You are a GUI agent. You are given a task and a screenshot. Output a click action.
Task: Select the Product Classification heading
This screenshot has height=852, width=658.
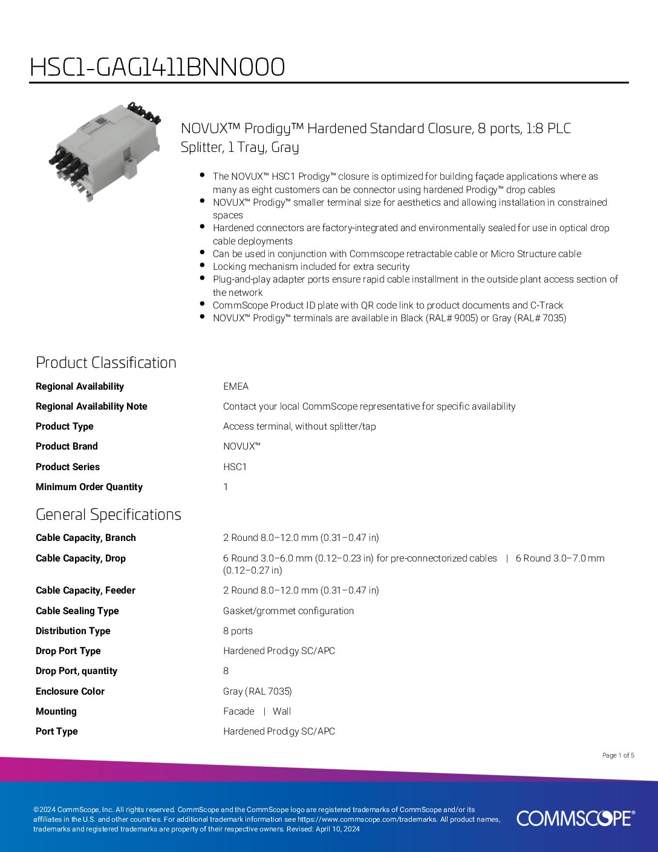pyautogui.click(x=106, y=362)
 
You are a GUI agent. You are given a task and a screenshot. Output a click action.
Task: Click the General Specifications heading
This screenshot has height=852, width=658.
pyautogui.click(x=108, y=514)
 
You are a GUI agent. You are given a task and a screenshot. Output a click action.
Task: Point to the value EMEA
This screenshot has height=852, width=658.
pyautogui.click(x=235, y=387)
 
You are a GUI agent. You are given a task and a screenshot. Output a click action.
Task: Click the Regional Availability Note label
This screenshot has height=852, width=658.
pyautogui.click(x=91, y=407)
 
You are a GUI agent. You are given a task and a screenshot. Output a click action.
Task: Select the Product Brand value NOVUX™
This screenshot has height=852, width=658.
pyautogui.click(x=241, y=447)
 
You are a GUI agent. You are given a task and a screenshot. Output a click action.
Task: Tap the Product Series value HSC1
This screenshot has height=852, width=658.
pyautogui.click(x=235, y=467)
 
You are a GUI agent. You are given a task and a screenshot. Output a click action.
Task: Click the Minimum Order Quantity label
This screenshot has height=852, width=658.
pyautogui.click(x=89, y=487)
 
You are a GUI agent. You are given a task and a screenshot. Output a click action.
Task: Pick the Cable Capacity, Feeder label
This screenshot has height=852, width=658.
pyautogui.click(x=85, y=591)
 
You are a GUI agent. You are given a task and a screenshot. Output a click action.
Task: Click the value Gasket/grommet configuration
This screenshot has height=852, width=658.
pyautogui.click(x=288, y=611)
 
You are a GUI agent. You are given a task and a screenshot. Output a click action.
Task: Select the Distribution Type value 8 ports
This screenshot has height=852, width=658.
pyautogui.click(x=238, y=631)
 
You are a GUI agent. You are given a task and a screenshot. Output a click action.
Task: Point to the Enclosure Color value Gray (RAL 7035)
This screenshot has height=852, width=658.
pyautogui.click(x=257, y=692)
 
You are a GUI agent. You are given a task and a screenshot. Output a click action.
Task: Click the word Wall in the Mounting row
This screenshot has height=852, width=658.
pyautogui.click(x=282, y=712)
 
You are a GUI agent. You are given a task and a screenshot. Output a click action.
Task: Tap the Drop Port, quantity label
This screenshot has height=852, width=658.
pyautogui.click(x=76, y=671)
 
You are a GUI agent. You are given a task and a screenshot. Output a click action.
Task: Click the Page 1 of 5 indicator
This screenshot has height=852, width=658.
pyautogui.click(x=618, y=755)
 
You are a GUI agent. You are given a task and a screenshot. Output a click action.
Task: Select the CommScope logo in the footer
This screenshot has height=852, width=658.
pyautogui.click(x=575, y=818)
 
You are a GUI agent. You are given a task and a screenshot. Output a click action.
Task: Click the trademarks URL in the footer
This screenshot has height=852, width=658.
pyautogui.click(x=367, y=819)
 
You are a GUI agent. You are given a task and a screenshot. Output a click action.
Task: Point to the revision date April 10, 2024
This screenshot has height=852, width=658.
pyautogui.click(x=337, y=829)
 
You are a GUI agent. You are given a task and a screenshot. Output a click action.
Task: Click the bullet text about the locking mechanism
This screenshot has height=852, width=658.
pyautogui.click(x=311, y=267)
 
